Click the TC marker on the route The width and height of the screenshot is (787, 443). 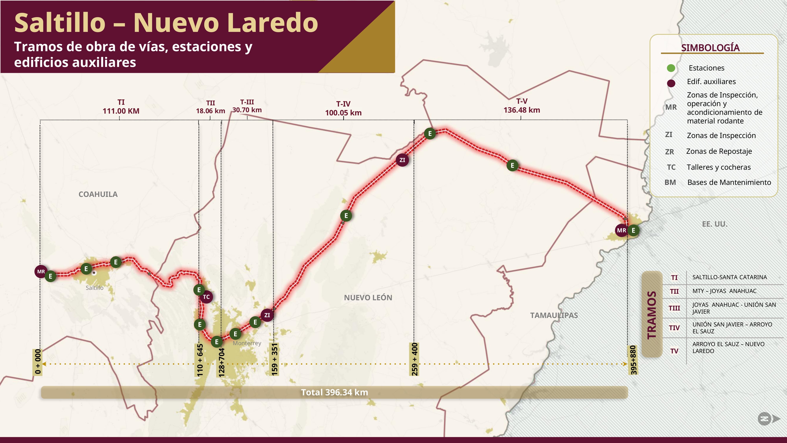[x=206, y=297]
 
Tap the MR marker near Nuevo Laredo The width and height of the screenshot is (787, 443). [x=621, y=230]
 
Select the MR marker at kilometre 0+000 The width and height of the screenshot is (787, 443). [x=41, y=272]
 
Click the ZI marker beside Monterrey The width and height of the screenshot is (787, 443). [x=267, y=315]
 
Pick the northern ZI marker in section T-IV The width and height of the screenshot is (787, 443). [x=402, y=160]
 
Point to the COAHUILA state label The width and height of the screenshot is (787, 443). [x=98, y=194]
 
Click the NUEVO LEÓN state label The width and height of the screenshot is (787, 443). [x=368, y=297]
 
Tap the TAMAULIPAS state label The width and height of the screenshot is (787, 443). [x=554, y=315]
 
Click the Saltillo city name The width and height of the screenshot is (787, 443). [x=94, y=288]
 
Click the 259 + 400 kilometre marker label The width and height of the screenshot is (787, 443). [x=414, y=359]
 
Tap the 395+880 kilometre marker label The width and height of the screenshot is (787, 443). [x=633, y=360]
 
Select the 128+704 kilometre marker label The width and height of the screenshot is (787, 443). [x=222, y=362]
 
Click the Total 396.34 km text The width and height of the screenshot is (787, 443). [x=334, y=392]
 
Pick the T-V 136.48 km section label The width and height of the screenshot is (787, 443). [x=522, y=106]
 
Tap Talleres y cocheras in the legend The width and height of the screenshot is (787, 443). [x=719, y=167]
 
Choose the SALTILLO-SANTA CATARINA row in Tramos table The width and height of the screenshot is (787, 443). [x=729, y=277]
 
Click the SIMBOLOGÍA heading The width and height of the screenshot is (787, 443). [x=710, y=48]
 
